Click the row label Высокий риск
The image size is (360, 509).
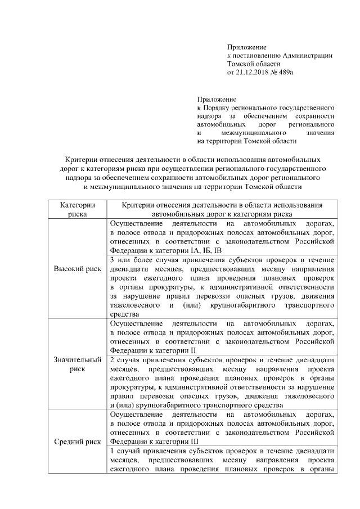click(x=77, y=269)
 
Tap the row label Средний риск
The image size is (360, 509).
click(x=77, y=441)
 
